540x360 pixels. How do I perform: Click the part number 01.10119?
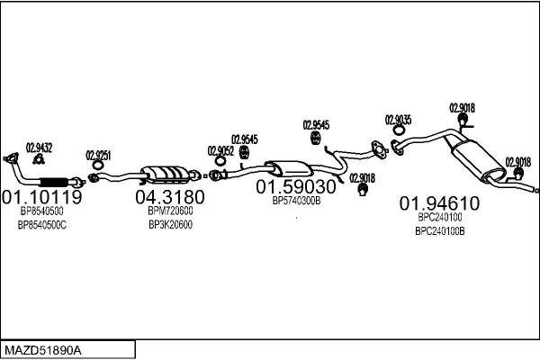coord(42,197)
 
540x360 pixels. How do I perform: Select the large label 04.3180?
coord(170,197)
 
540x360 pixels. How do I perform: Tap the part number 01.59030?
coord(296,186)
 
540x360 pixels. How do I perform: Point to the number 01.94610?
coord(439,203)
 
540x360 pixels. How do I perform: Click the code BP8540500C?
coord(42,225)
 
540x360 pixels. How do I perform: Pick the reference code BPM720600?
coord(170,211)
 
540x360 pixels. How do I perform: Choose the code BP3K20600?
coord(170,225)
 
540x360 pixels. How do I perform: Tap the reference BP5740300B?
coord(296,201)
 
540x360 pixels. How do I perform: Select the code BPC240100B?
coord(440,231)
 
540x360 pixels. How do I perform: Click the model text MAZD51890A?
coord(43,351)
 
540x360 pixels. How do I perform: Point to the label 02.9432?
coord(40,148)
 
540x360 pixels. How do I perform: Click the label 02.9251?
coord(98,156)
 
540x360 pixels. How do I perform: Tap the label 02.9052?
coord(220,151)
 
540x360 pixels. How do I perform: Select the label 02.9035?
coord(398,120)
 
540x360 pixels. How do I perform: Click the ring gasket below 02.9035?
coord(399,130)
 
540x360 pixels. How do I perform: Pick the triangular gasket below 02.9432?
coord(39,158)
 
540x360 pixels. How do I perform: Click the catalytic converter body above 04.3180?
coord(166,174)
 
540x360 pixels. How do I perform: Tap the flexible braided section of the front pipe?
coord(54,182)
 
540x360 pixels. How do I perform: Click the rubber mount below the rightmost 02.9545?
coord(315,138)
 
